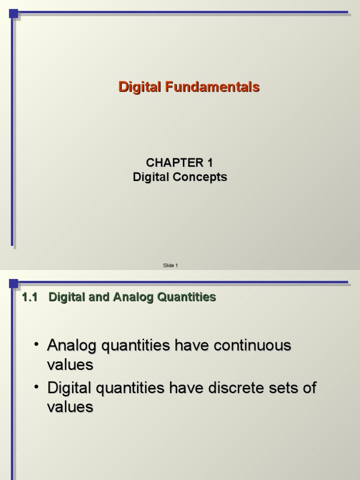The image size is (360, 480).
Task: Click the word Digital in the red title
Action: [x=139, y=87]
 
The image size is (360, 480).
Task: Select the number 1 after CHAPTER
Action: [x=209, y=163]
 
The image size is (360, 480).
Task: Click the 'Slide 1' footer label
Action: [x=170, y=265]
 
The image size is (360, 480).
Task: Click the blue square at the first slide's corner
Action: [x=14, y=14]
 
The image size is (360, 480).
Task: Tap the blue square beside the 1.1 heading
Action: [x=14, y=284]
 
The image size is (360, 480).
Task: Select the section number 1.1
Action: [x=29, y=297]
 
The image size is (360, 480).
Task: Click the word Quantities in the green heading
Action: [x=190, y=297]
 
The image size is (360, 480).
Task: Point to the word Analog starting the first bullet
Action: [x=72, y=346]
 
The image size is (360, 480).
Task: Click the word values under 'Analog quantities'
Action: [x=70, y=365]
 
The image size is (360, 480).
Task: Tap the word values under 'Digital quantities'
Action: [x=70, y=407]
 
